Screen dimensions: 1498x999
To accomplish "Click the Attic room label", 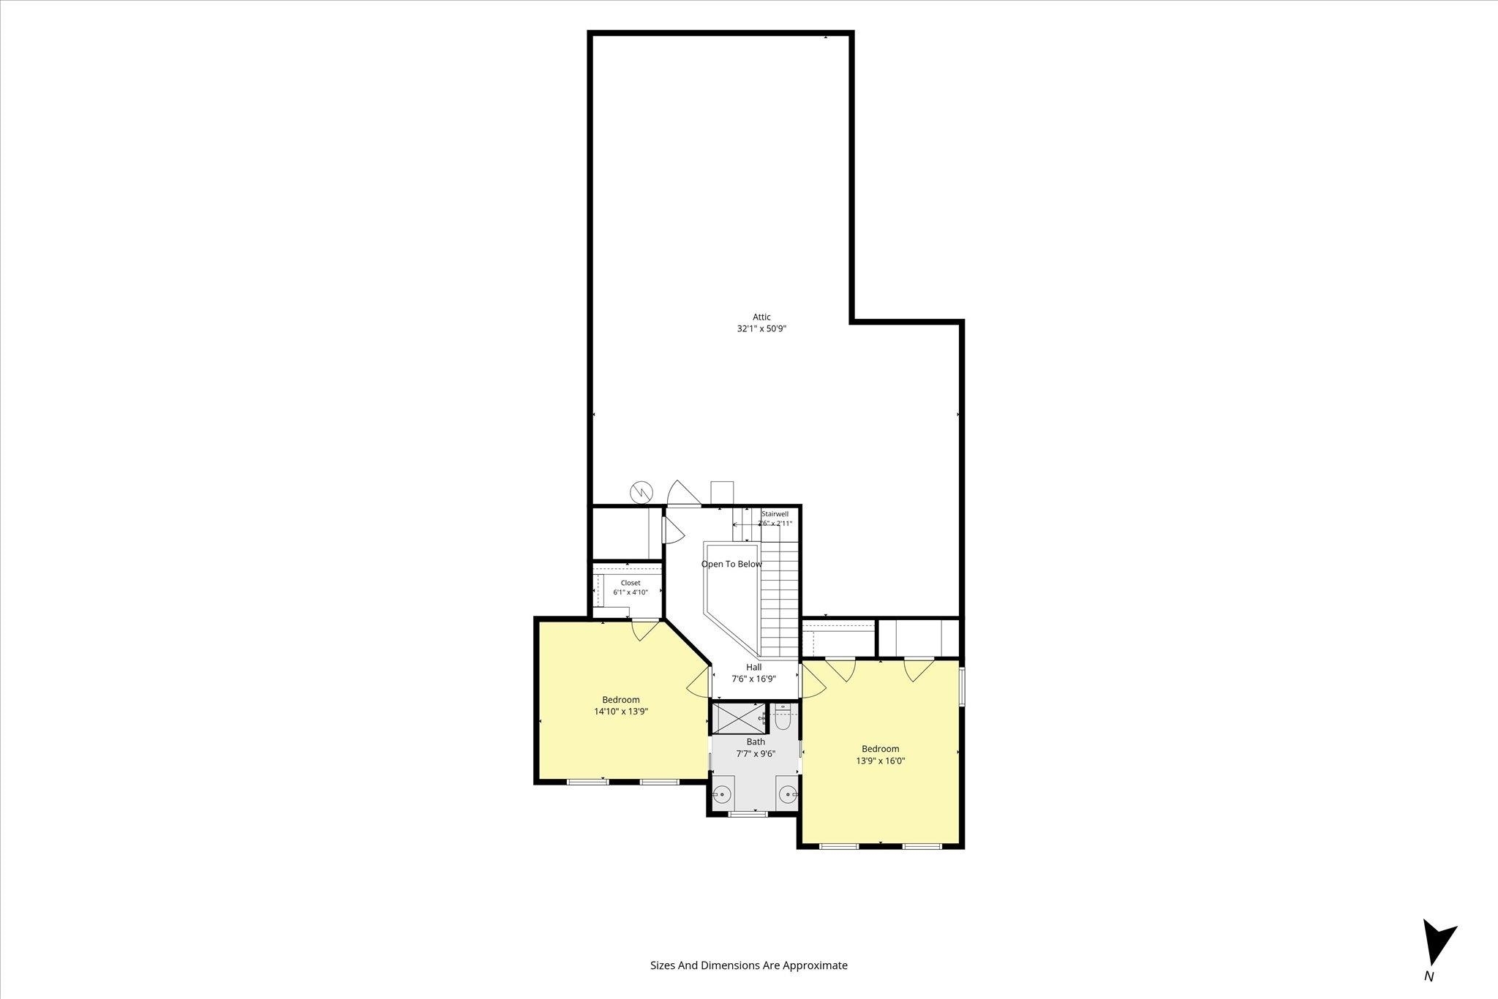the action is click(761, 317).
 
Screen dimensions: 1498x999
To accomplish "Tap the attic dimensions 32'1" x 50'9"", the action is click(761, 329).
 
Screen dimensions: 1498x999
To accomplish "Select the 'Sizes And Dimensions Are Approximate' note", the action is click(749, 965).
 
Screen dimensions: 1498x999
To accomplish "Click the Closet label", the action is click(631, 583).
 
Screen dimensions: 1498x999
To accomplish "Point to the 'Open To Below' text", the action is click(731, 564).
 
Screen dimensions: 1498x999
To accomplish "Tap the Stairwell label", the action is click(775, 514).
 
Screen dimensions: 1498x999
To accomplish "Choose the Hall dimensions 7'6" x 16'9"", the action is click(753, 679).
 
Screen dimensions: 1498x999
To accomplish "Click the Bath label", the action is click(756, 742).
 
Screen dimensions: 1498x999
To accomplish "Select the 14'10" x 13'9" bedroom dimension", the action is click(621, 711).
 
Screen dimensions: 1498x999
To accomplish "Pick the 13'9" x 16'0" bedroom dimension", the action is click(881, 761).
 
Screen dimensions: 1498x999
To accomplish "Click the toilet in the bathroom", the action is click(782, 717).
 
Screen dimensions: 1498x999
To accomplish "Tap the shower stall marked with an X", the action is click(739, 717).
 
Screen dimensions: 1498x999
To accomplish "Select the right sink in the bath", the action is click(788, 793).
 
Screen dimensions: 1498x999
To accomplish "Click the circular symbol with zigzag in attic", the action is click(641, 491).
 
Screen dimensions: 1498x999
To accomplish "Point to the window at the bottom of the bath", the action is click(748, 813).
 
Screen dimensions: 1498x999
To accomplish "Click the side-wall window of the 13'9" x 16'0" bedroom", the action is click(962, 686).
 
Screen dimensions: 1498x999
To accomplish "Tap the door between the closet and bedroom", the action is click(646, 630).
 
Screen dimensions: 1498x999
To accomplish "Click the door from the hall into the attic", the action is click(683, 493).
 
